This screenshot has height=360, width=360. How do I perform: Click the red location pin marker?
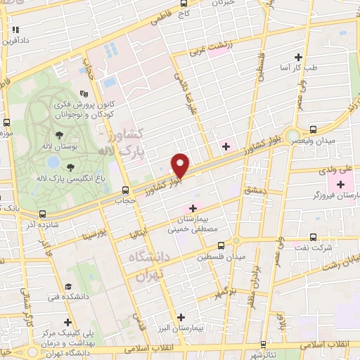coord(181,165)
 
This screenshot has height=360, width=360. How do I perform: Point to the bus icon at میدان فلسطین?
coord(221,245)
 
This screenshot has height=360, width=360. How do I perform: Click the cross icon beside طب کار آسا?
coord(299,57)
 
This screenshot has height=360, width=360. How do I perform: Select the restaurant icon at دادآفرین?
coord(15,30)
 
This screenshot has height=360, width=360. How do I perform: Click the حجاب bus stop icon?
coord(125,190)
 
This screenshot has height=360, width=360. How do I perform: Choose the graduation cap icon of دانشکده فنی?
coord(70,286)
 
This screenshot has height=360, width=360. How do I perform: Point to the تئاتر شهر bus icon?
coord(262,345)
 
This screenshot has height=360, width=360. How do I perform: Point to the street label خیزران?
coord(224,3)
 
